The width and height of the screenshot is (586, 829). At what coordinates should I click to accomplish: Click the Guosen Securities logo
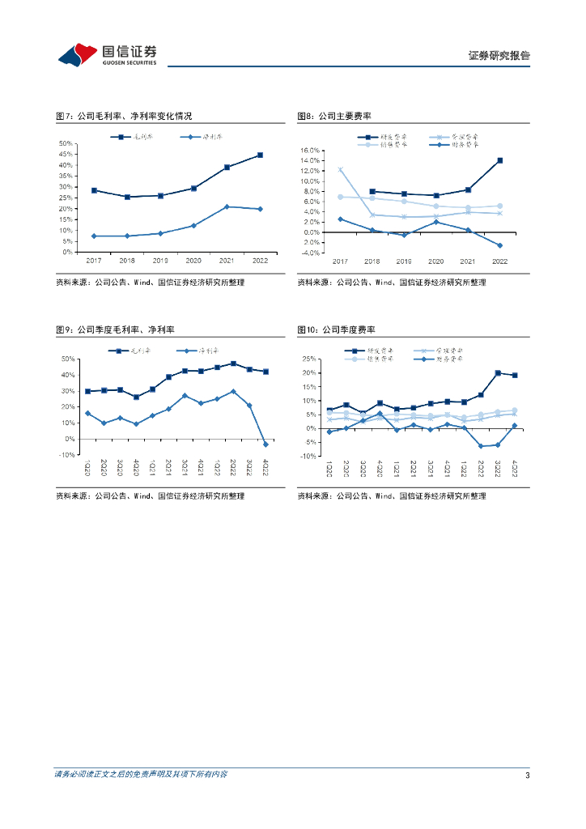pos(107,54)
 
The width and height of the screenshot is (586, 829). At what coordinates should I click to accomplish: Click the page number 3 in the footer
pos(527,776)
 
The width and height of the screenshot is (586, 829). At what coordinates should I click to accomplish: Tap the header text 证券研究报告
pos(499,56)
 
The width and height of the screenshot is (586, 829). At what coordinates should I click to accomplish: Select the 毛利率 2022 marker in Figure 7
pos(260,155)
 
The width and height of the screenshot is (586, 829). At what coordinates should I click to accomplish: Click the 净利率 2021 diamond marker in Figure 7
pos(227,206)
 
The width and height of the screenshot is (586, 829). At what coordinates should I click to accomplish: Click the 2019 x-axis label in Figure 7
pos(160,261)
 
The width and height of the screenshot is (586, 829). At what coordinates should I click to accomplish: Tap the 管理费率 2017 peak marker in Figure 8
pos(340,170)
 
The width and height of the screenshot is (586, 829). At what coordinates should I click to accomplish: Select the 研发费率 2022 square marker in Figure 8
pos(499,160)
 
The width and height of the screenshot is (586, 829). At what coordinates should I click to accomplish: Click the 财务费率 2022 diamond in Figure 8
pos(499,245)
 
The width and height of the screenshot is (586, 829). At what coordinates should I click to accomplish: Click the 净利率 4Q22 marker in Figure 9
pos(265,444)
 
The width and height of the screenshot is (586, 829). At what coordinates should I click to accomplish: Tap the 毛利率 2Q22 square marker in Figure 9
pos(233,363)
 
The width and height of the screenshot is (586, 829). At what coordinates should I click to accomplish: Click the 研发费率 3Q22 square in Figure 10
pos(498,373)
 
